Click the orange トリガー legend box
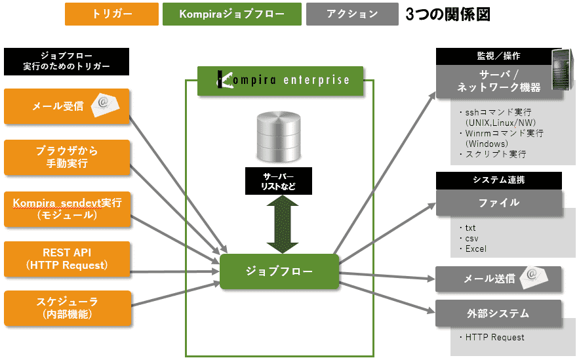tap(111, 14)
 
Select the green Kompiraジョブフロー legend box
tap(231, 14)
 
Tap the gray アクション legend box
tap(351, 14)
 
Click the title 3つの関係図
tap(447, 14)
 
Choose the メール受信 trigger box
tap(66, 106)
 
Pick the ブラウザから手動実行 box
tap(66, 157)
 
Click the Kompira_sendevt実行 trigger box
tap(66, 209)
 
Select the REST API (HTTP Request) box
tap(66, 259)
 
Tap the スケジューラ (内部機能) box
tap(66, 308)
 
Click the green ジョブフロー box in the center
tap(279, 271)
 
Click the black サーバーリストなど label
tap(279, 181)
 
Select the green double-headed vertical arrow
tap(283, 224)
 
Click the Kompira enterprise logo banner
tap(280, 81)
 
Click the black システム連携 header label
tap(498, 180)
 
